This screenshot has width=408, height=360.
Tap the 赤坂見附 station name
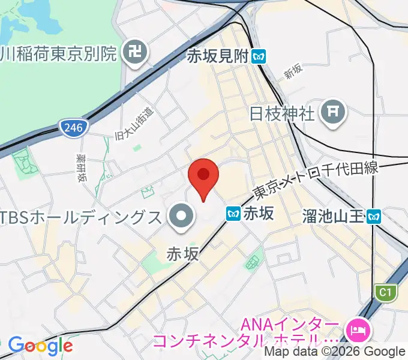(217, 56)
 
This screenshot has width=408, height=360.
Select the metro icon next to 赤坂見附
(259, 56)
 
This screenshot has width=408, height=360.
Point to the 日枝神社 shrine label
(283, 112)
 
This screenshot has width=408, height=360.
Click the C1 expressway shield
(385, 292)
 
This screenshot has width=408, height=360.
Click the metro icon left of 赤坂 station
(233, 213)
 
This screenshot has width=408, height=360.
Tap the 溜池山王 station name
(334, 215)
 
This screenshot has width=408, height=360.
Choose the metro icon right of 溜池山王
(375, 215)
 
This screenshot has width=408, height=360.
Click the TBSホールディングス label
(81, 216)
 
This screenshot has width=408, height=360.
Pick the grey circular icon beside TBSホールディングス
(181, 217)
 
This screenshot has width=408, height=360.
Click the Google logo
(40, 345)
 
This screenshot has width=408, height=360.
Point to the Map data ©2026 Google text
(335, 352)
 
